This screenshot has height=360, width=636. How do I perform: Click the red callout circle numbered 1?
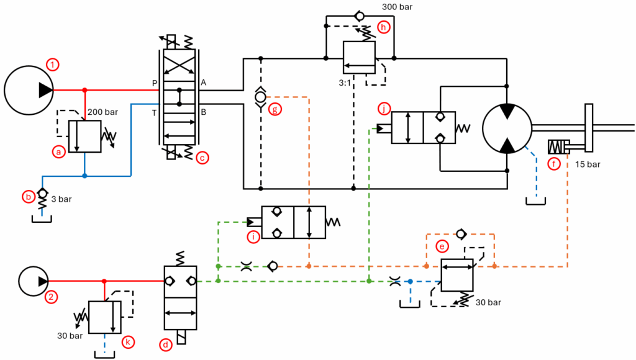click(54, 64)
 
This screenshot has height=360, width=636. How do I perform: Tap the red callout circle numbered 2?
click(52, 297)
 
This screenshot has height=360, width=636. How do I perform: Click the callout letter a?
click(59, 151)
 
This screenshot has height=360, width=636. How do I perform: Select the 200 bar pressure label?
click(103, 112)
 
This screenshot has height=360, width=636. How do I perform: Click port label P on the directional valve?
click(154, 83)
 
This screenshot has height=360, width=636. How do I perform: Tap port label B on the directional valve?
click(204, 112)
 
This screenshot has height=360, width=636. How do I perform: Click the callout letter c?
click(201, 158)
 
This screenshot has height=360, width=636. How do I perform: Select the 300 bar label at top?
click(397, 7)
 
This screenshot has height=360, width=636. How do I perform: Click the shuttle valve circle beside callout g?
click(260, 97)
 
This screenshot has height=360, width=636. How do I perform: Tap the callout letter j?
click(385, 109)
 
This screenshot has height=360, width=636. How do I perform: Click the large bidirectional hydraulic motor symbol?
click(507, 128)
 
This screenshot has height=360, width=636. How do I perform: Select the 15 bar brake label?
click(587, 165)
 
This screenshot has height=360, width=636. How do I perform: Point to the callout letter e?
click(442, 246)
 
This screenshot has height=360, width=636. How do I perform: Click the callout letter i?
click(253, 236)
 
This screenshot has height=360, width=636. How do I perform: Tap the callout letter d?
click(165, 344)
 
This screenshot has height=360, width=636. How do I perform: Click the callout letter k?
click(128, 342)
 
